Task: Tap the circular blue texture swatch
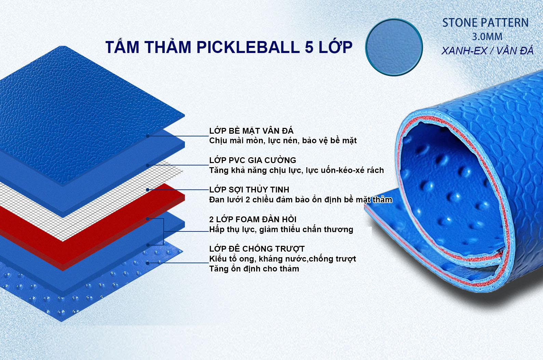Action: point(394,47)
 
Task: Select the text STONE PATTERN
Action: point(485,23)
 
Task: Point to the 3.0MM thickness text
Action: point(487,37)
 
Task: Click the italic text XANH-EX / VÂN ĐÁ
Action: point(487,51)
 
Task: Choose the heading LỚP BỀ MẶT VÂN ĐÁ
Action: point(252,131)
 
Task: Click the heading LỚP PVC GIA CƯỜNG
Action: point(253,160)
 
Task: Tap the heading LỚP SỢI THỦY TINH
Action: point(249,189)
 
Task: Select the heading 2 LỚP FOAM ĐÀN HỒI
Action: point(253,219)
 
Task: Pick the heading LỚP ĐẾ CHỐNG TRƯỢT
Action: point(257,249)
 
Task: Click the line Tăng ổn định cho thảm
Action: point(254,269)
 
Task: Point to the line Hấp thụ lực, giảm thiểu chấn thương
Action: point(281,229)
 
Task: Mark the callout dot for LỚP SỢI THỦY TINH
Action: point(148,190)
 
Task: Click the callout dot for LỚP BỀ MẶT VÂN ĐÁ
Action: point(148,136)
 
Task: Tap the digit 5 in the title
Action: point(309,47)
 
